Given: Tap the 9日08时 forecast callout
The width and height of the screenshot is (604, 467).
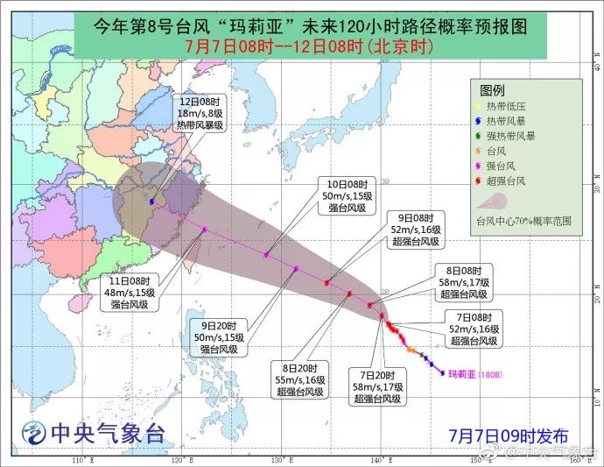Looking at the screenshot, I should click(416, 230).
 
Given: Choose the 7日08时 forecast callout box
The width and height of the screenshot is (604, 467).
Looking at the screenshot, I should click(474, 328).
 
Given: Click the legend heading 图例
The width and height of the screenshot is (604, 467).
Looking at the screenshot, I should click(493, 89).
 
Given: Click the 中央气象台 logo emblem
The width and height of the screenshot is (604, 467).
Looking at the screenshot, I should click(34, 432).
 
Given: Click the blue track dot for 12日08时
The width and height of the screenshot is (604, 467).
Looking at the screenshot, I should click(153, 202).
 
